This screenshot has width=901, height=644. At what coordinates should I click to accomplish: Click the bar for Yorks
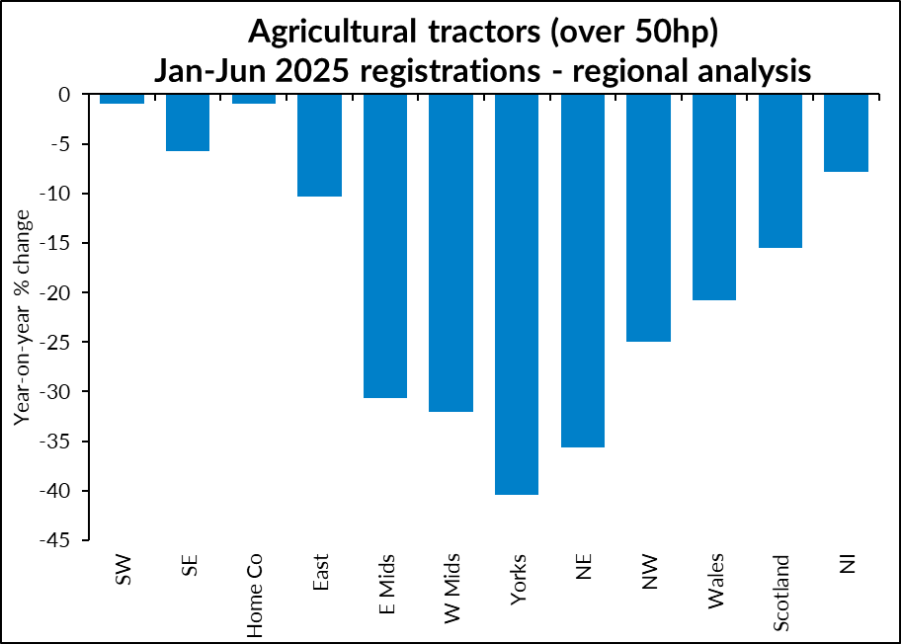(x=517, y=294)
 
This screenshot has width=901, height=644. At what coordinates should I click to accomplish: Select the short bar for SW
(x=122, y=99)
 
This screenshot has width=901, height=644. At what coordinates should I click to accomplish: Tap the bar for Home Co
(x=253, y=99)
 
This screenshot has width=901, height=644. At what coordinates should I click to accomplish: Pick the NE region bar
(x=583, y=271)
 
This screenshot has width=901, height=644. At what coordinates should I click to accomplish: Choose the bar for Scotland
(x=780, y=171)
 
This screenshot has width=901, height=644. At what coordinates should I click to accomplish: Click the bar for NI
(x=846, y=132)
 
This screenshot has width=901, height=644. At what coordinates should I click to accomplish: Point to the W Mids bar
(x=451, y=253)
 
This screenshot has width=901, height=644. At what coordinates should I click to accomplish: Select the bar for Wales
(x=714, y=197)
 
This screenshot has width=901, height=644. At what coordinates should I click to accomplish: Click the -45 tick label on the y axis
(x=54, y=540)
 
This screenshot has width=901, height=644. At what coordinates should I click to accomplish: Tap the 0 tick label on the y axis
(x=64, y=94)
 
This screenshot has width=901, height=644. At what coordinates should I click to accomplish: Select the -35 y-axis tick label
(x=54, y=442)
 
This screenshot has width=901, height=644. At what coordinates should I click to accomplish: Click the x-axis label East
(x=320, y=572)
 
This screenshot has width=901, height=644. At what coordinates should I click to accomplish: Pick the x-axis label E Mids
(x=386, y=584)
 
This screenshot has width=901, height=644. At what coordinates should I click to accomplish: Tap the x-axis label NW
(x=649, y=572)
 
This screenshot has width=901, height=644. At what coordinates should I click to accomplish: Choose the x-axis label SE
(x=189, y=565)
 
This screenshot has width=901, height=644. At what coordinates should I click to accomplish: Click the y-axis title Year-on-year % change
(x=22, y=318)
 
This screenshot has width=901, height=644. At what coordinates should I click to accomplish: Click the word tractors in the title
(x=484, y=32)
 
